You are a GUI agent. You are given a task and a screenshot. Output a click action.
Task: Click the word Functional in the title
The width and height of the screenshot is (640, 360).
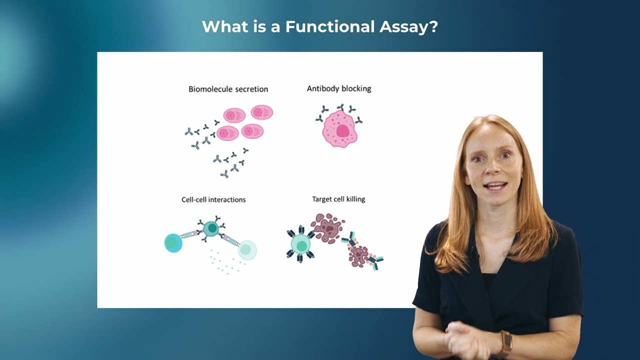coord(329,26)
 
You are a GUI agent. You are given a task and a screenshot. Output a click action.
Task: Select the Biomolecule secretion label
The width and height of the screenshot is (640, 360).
coord(228,89)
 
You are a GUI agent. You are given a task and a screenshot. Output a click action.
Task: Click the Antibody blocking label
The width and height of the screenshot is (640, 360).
coord(339,88)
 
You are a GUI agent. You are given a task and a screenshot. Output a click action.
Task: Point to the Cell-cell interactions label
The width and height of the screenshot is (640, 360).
coord(213,199)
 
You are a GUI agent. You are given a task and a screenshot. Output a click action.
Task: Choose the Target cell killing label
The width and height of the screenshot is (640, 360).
coord(338,199)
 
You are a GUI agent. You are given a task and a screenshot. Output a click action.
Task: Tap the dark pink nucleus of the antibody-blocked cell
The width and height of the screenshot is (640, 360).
coord(343,131)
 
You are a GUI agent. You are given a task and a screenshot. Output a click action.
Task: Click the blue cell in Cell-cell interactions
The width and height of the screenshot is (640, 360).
coord(173,243)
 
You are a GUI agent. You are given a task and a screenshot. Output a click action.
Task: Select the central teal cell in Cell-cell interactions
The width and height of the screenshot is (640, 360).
coord(211,229)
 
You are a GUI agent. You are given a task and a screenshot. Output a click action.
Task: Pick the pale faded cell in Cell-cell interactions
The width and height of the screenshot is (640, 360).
coord(247,249)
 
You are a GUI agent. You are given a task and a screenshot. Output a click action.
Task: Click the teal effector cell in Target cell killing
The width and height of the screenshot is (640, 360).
coord(300,244)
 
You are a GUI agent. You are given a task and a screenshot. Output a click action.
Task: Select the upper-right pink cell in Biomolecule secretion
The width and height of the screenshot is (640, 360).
coord(261,112)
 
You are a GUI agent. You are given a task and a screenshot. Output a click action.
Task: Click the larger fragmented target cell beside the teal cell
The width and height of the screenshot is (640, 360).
coord(327,228)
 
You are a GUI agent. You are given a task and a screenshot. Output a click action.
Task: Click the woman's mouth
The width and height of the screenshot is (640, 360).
coord(495,186)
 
